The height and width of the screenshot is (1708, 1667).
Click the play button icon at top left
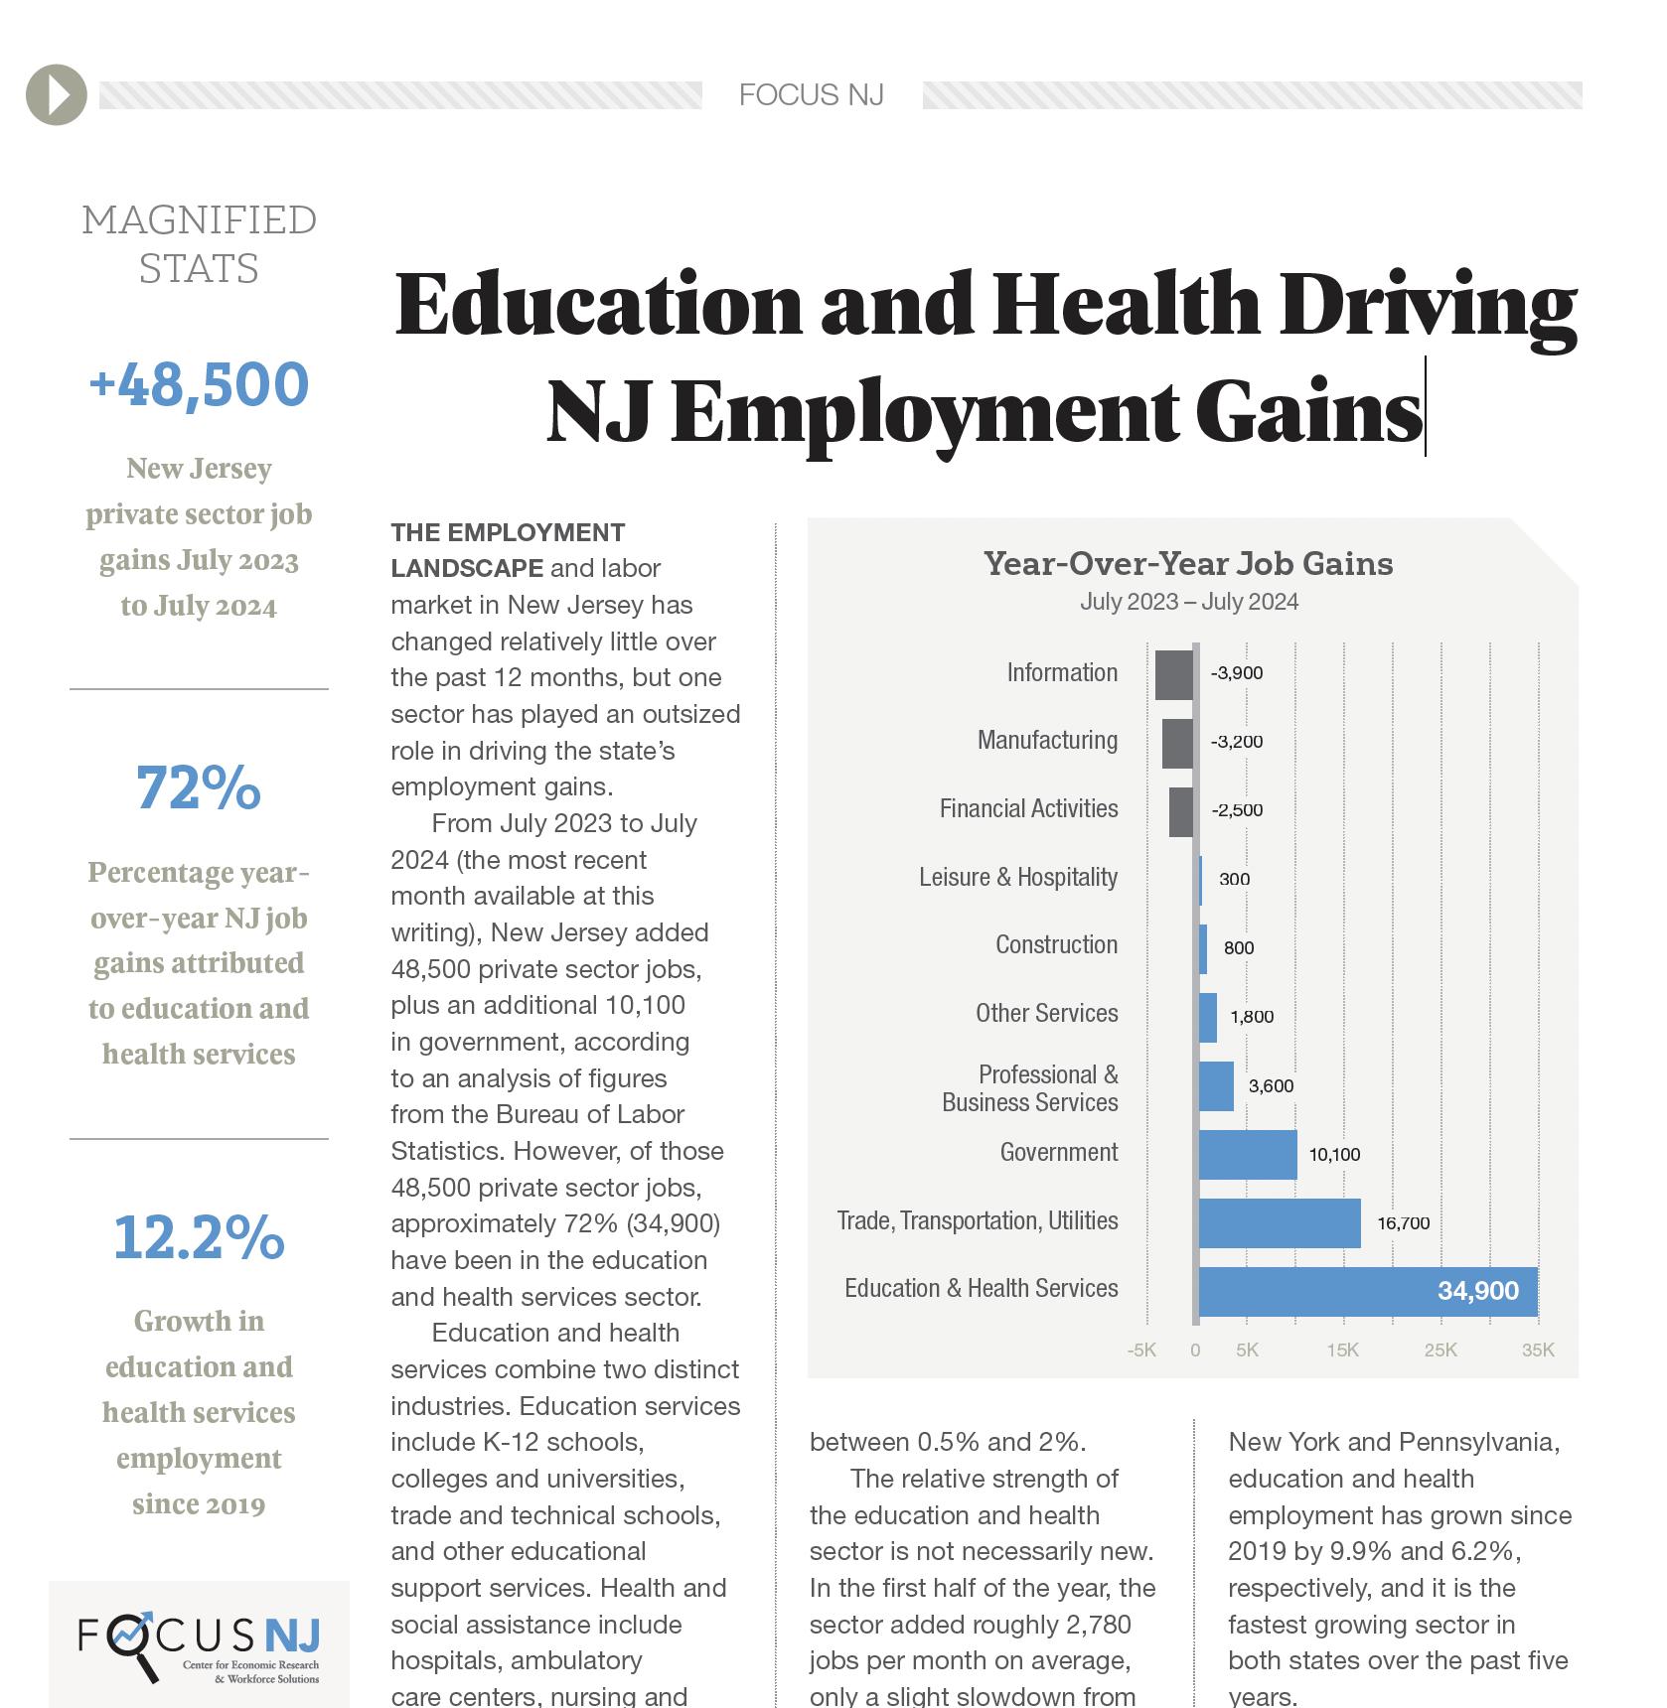pyautogui.click(x=57, y=94)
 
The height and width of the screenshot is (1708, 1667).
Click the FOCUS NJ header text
pyautogui.click(x=811, y=95)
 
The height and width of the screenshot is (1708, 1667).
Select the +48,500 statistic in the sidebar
pyautogui.click(x=199, y=384)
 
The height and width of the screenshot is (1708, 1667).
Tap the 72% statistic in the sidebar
pyautogui.click(x=199, y=787)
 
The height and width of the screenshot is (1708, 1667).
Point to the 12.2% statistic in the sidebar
pyautogui.click(x=199, y=1237)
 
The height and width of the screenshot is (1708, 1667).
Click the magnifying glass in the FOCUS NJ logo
pyautogui.click(x=130, y=1638)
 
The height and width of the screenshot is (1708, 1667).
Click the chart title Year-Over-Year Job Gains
pyautogui.click(x=1188, y=564)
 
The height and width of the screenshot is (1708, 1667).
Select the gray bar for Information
pyautogui.click(x=1174, y=674)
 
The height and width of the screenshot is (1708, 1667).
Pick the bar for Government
pyautogui.click(x=1247, y=1154)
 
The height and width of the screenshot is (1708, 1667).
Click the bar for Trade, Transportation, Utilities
pyautogui.click(x=1279, y=1222)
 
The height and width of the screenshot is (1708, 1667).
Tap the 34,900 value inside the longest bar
pyautogui.click(x=1477, y=1291)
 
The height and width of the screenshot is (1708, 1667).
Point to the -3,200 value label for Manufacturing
pyautogui.click(x=1236, y=742)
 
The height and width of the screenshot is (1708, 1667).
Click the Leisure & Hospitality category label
pyautogui.click(x=1017, y=877)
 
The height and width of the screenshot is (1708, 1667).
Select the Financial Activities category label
pyautogui.click(x=1028, y=808)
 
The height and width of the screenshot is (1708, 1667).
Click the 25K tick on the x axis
pyautogui.click(x=1440, y=1351)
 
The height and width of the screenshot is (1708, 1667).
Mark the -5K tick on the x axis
pyautogui.click(x=1141, y=1351)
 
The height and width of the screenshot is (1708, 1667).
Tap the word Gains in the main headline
pyautogui.click(x=1308, y=412)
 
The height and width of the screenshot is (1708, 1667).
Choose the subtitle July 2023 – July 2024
pyautogui.click(x=1188, y=602)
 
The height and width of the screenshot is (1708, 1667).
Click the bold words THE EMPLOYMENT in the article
pyautogui.click(x=508, y=532)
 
